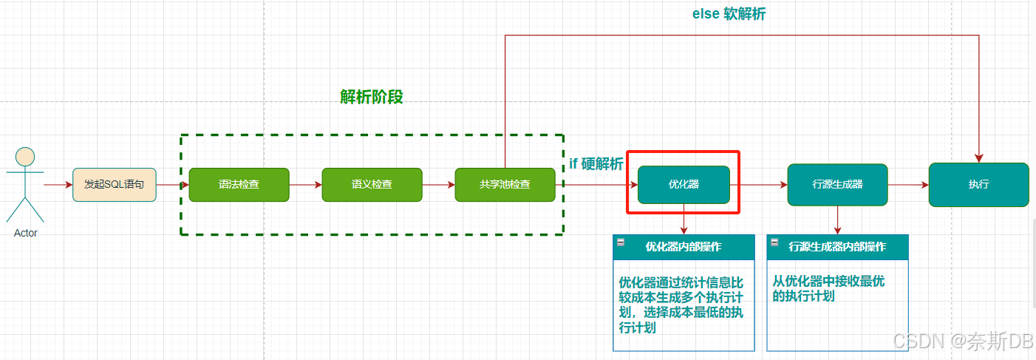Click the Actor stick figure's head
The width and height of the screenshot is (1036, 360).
(x=25, y=157)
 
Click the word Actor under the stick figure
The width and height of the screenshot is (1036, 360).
(x=25, y=233)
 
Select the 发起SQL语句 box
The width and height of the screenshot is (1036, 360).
(x=114, y=184)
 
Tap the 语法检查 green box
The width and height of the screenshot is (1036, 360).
(x=239, y=184)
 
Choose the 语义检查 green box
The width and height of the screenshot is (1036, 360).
(x=372, y=184)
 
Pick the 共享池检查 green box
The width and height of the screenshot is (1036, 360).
(x=504, y=184)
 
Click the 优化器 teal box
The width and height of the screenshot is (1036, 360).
(x=684, y=184)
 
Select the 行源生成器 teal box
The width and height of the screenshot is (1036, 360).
(x=837, y=184)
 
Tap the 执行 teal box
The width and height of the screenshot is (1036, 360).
(x=978, y=184)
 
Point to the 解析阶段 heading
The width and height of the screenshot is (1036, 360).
(x=372, y=98)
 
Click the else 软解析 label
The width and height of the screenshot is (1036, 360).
(x=729, y=13)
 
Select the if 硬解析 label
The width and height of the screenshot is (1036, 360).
(x=596, y=164)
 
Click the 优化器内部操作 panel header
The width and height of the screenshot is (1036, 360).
(x=684, y=247)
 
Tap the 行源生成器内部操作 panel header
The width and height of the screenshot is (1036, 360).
(x=837, y=247)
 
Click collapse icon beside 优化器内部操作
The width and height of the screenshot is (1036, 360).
(x=621, y=242)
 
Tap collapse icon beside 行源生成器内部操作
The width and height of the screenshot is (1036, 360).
(x=774, y=242)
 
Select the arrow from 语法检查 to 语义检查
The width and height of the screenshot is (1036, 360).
(x=305, y=184)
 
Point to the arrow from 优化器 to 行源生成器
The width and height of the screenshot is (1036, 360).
(x=758, y=184)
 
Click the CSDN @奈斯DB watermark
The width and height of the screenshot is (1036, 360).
(x=962, y=341)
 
